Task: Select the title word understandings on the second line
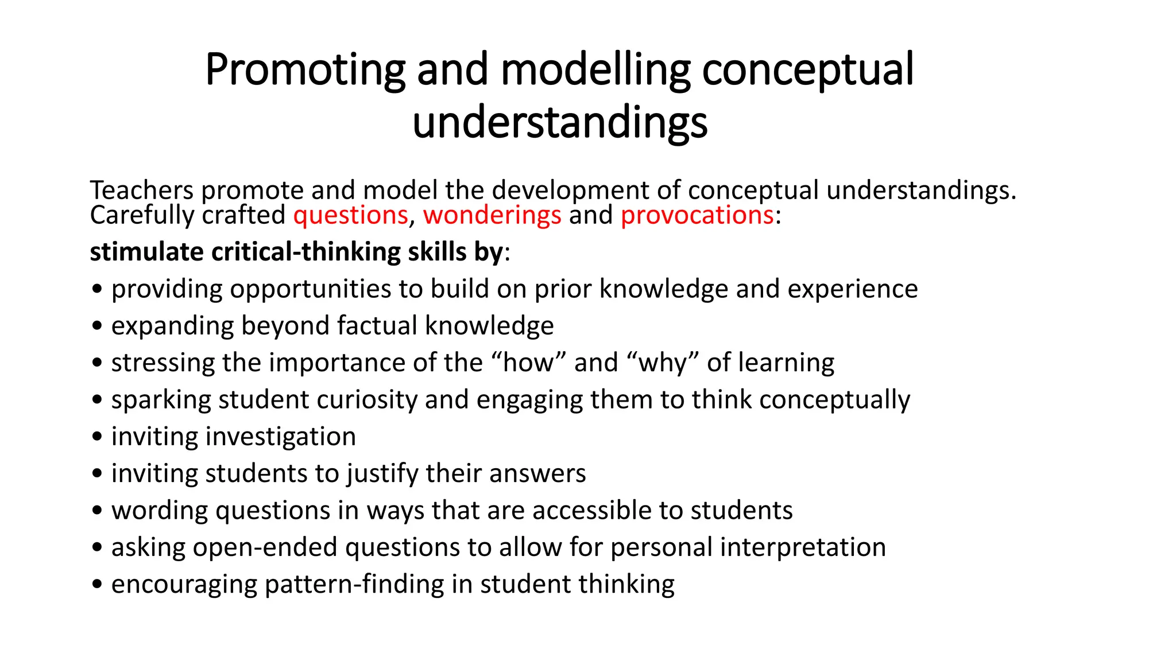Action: click(x=560, y=123)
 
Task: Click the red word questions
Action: click(x=350, y=216)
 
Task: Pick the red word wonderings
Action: click(x=492, y=216)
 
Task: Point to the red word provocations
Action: click(x=697, y=216)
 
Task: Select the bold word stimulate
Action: click(x=146, y=252)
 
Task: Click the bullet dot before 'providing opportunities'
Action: click(x=97, y=290)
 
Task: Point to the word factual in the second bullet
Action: click(x=377, y=326)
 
